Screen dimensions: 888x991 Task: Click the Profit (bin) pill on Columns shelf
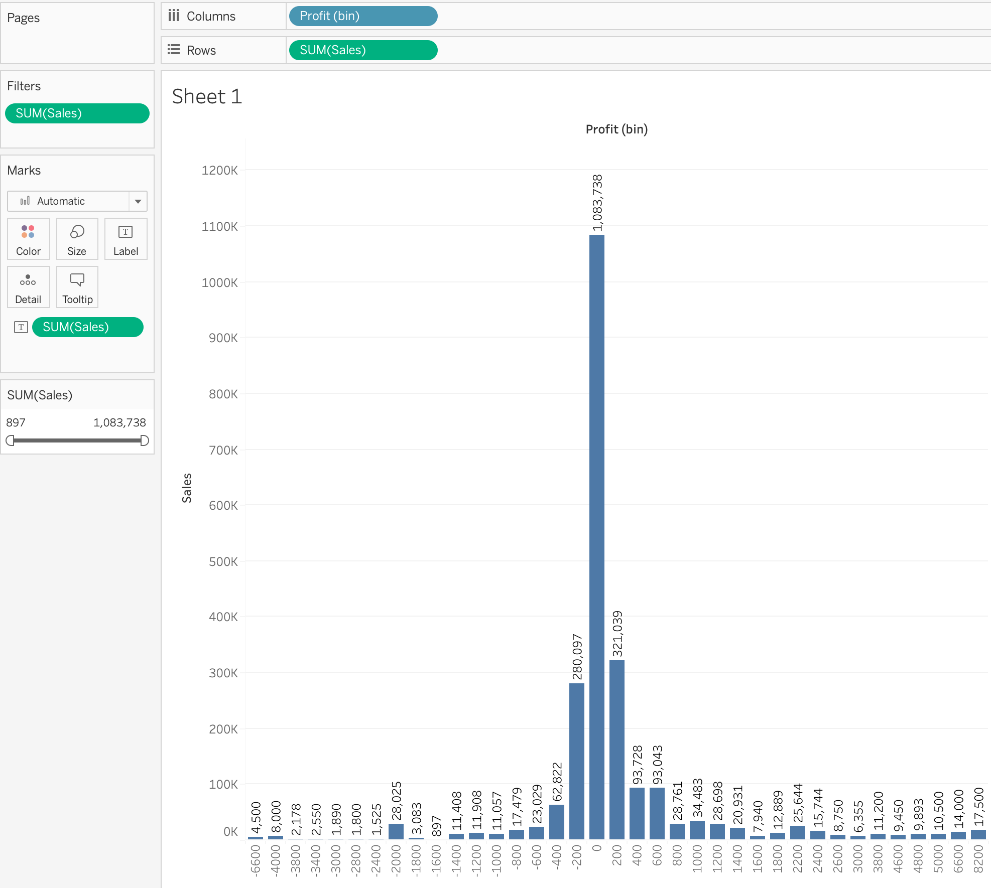click(x=362, y=16)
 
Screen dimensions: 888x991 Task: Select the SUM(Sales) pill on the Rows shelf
click(x=362, y=50)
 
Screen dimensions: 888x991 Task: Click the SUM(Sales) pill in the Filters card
click(x=77, y=113)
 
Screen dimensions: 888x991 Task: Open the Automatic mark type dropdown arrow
click(x=138, y=201)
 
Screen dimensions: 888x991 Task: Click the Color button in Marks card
click(x=28, y=239)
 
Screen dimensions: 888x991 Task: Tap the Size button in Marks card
click(x=77, y=239)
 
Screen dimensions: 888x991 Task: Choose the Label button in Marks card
click(x=126, y=239)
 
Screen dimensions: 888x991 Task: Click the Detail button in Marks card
click(x=28, y=287)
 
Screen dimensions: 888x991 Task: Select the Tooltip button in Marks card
click(x=77, y=287)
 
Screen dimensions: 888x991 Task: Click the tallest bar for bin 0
click(x=596, y=537)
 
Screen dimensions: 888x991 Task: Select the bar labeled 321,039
click(x=616, y=750)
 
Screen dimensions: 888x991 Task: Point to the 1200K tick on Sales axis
click(x=220, y=171)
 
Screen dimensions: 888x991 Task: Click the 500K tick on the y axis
click(x=223, y=562)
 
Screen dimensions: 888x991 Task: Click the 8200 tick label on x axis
click(x=978, y=859)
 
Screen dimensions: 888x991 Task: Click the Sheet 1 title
click(x=207, y=96)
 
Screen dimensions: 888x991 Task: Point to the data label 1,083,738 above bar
click(x=597, y=203)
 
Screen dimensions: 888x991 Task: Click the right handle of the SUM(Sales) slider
click(x=145, y=440)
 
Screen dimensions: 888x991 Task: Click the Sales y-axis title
click(x=187, y=488)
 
